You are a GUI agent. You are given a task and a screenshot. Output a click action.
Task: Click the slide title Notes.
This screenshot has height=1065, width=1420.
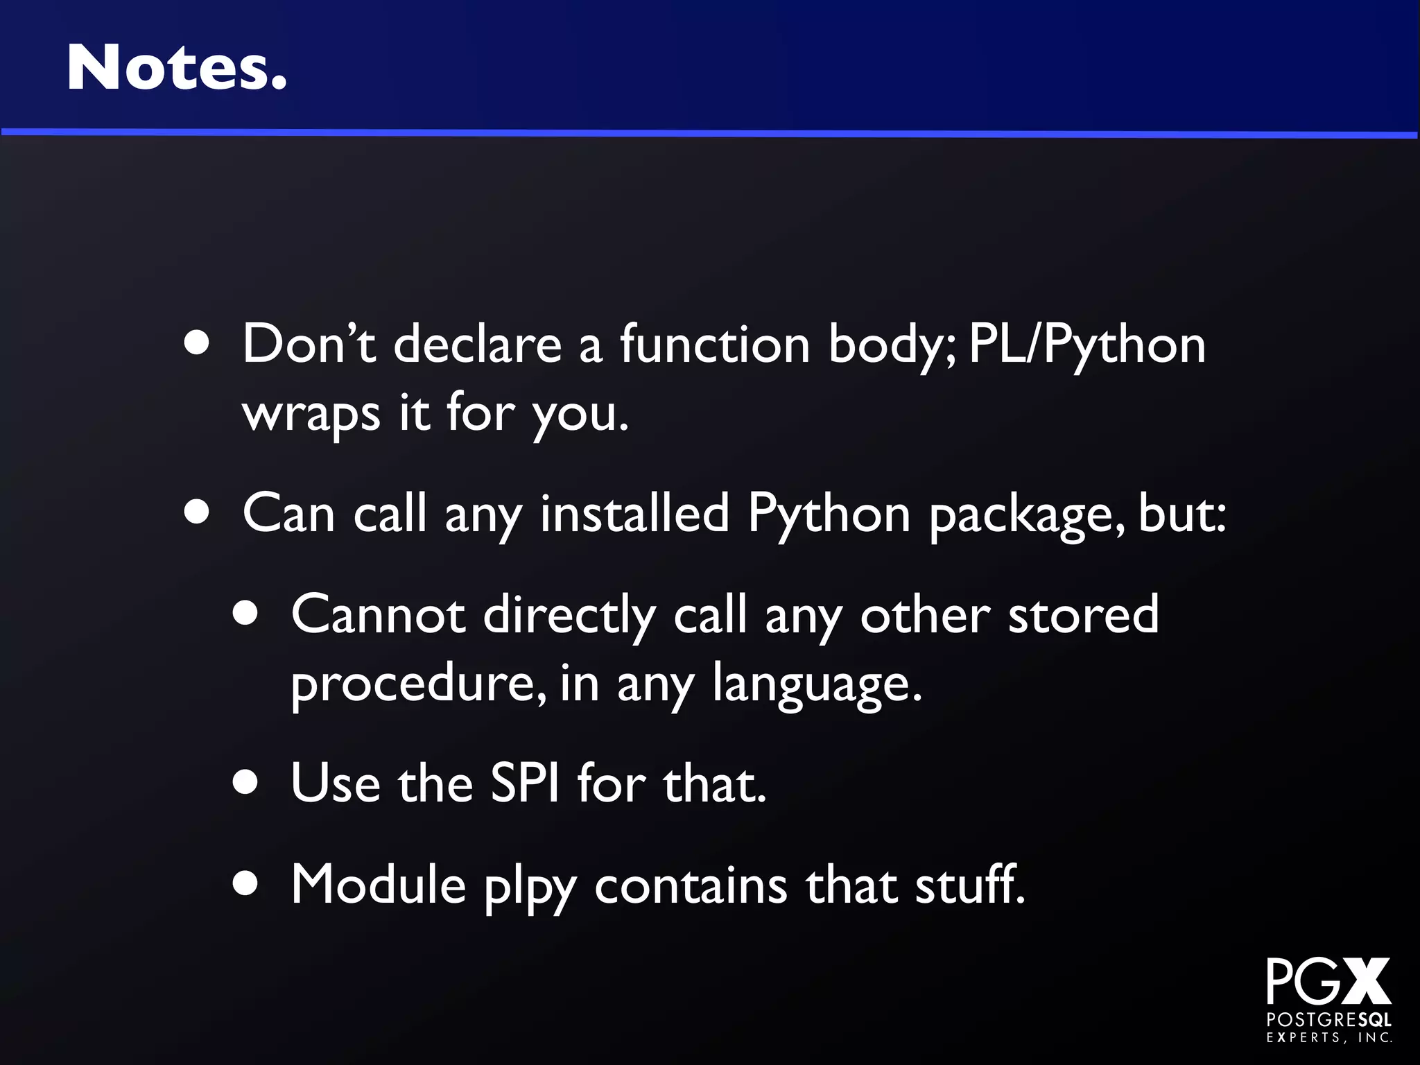[176, 67]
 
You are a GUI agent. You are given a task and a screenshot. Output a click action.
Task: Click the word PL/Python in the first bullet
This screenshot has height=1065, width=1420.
[1086, 345]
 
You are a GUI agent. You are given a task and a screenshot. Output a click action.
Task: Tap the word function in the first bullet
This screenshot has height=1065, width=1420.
[714, 345]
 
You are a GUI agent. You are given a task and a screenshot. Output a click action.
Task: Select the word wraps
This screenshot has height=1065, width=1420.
[311, 414]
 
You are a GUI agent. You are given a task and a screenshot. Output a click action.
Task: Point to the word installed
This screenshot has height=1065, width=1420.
[634, 514]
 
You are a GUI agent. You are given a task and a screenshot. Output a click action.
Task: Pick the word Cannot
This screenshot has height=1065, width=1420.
[378, 615]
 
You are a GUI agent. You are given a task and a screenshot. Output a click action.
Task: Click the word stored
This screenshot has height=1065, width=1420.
[1083, 615]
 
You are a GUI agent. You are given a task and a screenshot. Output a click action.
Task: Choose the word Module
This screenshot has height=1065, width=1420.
[378, 885]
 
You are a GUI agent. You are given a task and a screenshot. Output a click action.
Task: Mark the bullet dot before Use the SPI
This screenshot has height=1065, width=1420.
[245, 783]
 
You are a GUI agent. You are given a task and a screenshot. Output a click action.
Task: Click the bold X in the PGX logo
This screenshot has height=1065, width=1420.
[1362, 981]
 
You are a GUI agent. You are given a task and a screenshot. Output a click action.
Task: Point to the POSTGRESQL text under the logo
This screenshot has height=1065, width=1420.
[1328, 1020]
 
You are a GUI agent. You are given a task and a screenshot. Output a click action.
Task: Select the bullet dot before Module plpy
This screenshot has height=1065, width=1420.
[245, 884]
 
